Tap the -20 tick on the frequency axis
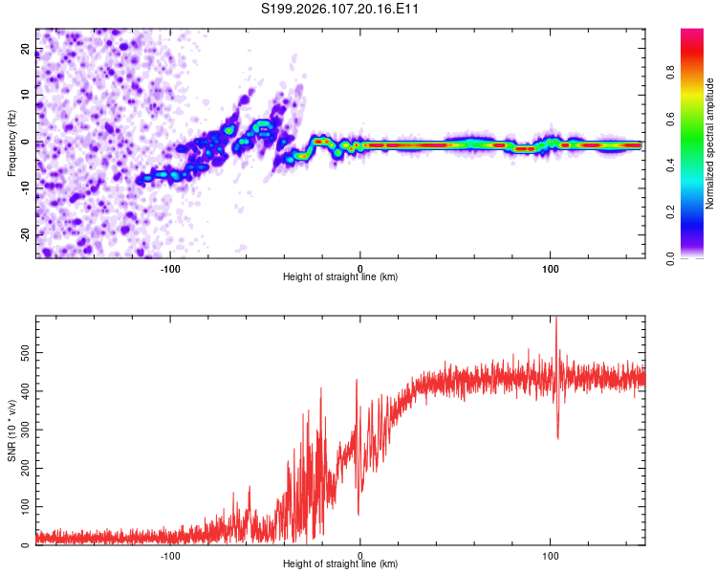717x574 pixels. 25,234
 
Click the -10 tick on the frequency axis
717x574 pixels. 25,188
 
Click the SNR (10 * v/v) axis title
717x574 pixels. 11,430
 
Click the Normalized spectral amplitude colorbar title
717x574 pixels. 710,143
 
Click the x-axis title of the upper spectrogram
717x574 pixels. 340,277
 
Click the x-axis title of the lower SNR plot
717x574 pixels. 340,564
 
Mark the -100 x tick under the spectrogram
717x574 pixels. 171,267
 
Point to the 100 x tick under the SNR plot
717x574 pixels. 550,554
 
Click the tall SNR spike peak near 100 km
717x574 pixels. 555,320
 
